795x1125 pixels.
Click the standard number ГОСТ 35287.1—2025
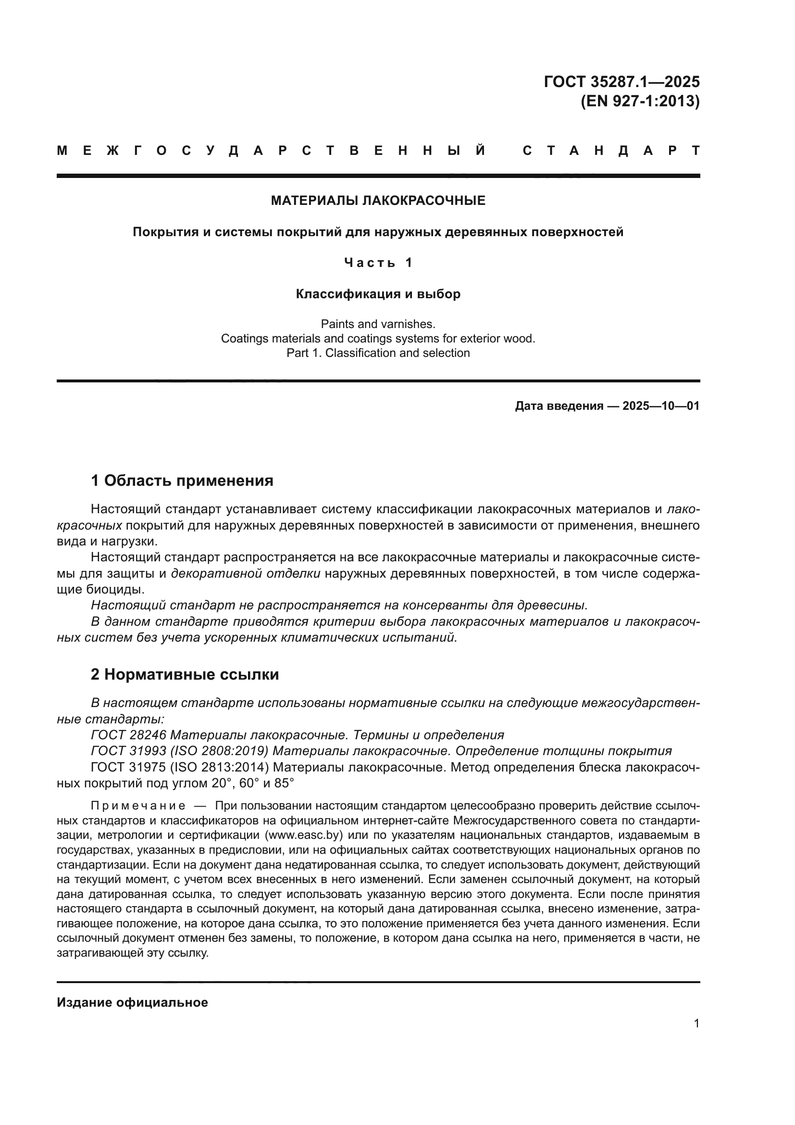pos(621,81)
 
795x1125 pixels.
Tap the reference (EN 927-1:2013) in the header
pos(640,101)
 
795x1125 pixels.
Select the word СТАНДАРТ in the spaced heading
pos(611,151)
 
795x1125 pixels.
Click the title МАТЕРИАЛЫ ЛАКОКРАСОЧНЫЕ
pos(378,201)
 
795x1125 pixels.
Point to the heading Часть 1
pos(378,263)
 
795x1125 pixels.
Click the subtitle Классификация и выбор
pos(378,294)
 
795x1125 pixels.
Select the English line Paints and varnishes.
pos(378,324)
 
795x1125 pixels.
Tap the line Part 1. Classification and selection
pos(378,353)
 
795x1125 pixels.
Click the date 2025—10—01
pos(661,406)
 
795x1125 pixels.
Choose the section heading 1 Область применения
pos(182,480)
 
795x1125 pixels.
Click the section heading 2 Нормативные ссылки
pos(185,674)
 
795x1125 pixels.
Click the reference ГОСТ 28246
pos(129,735)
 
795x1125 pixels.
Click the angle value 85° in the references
pos(284,783)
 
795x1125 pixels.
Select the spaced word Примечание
pos(138,806)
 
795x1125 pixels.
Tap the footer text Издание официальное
pos(132,1002)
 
